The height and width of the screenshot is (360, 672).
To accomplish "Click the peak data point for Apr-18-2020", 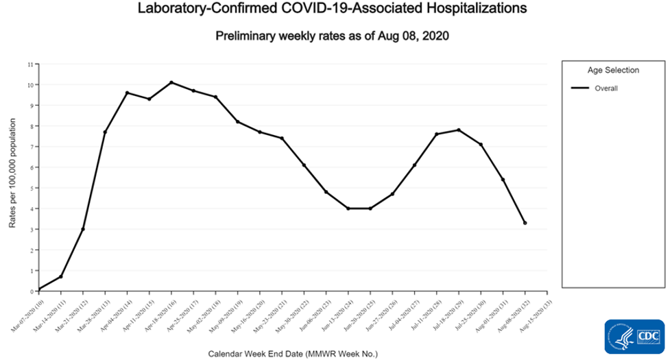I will [x=171, y=82].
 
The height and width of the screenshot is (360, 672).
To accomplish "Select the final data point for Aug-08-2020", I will [x=525, y=223].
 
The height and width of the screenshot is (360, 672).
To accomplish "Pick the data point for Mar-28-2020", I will [x=105, y=132].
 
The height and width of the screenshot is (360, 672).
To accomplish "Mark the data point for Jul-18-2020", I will [x=459, y=130].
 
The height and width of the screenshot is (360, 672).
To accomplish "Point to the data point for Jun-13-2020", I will [x=348, y=208].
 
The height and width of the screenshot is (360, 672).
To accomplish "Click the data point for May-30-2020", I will [x=304, y=165].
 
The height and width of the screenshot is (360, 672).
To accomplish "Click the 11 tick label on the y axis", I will [x=30, y=64].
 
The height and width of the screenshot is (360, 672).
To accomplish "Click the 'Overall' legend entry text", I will [x=606, y=88].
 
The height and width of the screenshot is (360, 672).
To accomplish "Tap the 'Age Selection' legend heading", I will [x=613, y=70].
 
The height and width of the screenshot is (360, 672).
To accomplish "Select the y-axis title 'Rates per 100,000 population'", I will [x=12, y=178].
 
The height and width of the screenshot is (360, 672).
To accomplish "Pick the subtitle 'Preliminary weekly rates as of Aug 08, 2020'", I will [x=332, y=36].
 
